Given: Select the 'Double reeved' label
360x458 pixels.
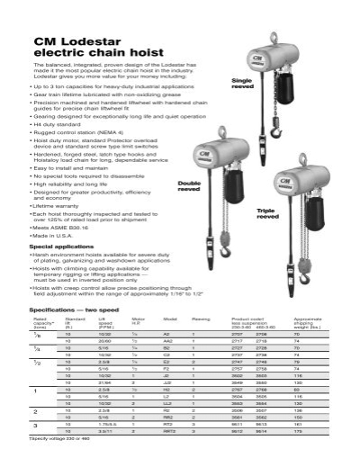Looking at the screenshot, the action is point(184,187).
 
